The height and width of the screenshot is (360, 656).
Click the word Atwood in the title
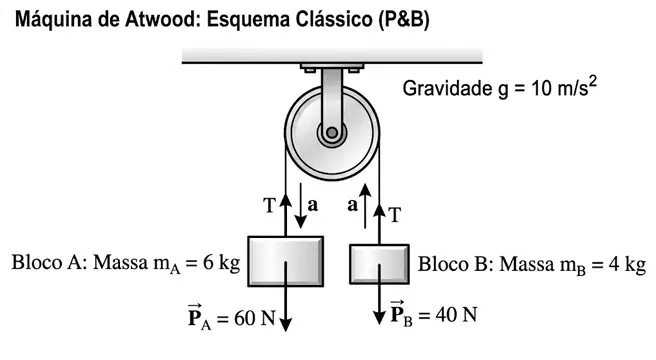pos(161,19)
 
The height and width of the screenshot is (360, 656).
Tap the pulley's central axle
pos(332,133)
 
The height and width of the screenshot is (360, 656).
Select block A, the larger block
pos(285,262)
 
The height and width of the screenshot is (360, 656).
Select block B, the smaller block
pos(379,264)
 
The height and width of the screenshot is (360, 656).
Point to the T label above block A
pos(270,206)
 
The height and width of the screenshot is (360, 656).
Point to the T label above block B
pos(395,215)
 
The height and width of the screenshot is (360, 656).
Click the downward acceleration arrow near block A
pos(300,206)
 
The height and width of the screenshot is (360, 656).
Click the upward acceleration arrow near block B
pos(365,206)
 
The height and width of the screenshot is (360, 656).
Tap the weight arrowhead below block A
pos(285,324)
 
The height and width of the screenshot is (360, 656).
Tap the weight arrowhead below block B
pos(379,318)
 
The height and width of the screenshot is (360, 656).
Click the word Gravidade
pos(447,89)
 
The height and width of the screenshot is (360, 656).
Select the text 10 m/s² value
pos(564,87)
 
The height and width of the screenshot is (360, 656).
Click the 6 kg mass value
pos(222,263)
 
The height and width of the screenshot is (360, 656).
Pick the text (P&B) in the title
pos(404,20)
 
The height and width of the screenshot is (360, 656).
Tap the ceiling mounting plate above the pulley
pos(332,67)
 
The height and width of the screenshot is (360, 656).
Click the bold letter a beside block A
pos(313,205)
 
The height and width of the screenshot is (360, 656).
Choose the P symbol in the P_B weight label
pos(397,313)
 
